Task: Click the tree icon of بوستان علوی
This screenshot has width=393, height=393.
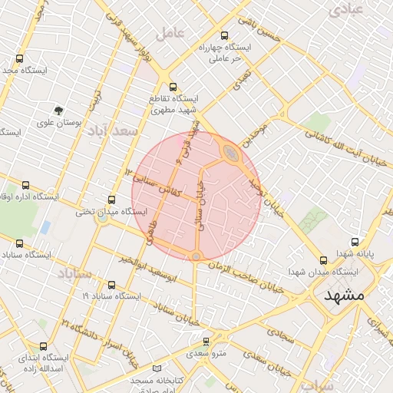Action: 58,111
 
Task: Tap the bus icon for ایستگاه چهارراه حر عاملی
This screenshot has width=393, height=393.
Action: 224,35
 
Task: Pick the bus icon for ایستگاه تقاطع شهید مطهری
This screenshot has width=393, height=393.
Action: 173,87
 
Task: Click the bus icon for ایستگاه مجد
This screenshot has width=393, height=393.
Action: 19,58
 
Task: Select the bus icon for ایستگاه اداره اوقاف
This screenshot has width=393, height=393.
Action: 26,185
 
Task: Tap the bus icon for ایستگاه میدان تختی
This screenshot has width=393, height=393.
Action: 112,200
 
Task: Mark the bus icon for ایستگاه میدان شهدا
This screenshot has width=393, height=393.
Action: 323,259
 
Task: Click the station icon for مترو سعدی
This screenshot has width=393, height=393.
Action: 205,342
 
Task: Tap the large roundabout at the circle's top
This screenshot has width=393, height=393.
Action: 231,155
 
